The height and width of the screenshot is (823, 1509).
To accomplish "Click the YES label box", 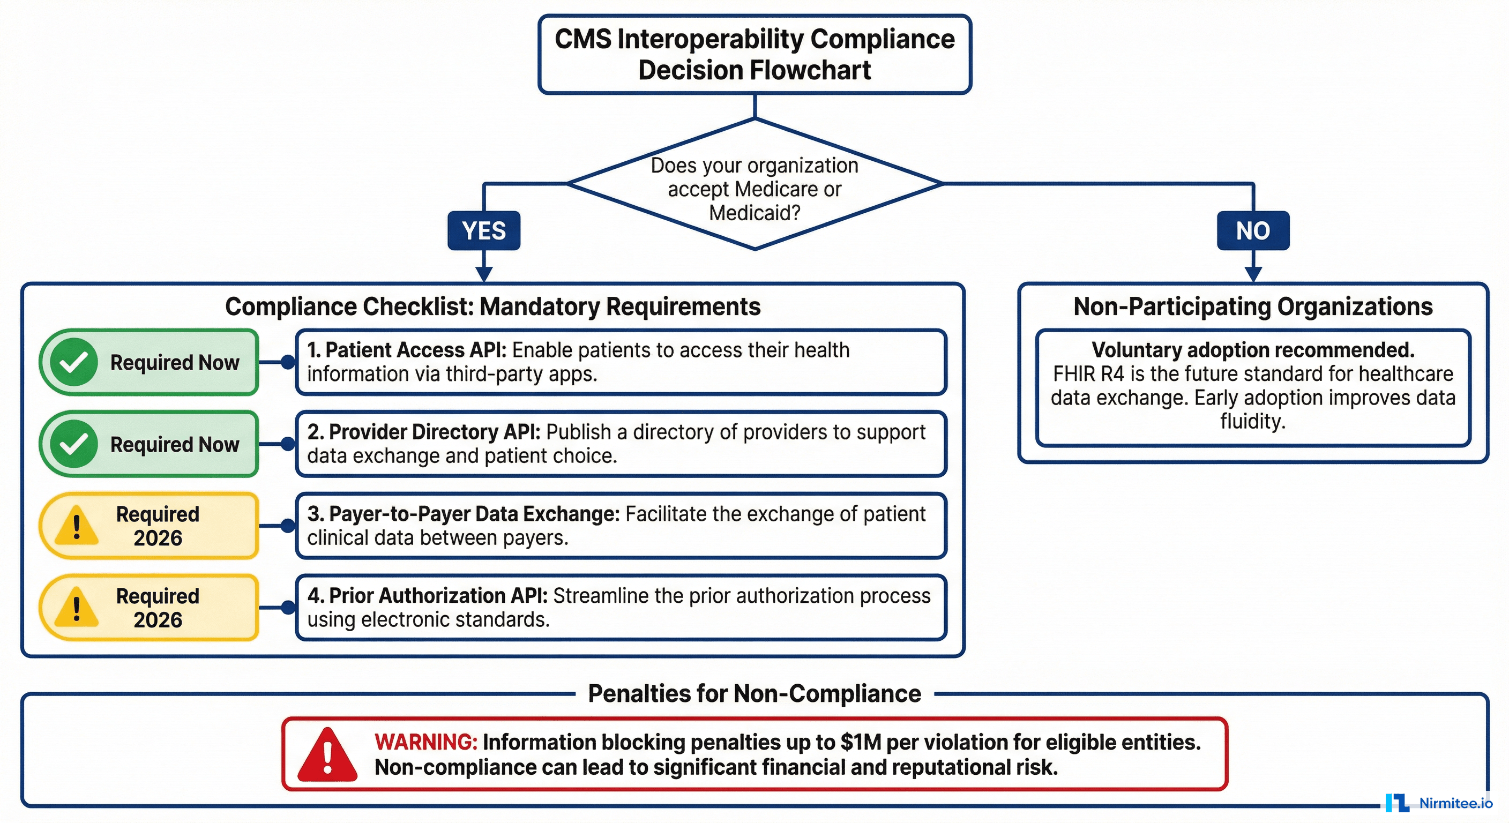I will [x=483, y=230].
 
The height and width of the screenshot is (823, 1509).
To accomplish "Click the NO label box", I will [x=1252, y=230].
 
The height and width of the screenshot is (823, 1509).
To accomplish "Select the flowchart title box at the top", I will [x=754, y=54].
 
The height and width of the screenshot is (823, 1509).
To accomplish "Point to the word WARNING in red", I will [x=426, y=742].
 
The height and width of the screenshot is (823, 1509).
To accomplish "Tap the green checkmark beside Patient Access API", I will [x=73, y=362].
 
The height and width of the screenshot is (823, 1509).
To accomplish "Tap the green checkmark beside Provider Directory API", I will [x=73, y=444].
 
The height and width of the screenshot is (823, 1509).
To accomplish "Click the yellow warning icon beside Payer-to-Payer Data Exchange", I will [x=76, y=526].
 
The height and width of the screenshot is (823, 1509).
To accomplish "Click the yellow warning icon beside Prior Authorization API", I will [x=76, y=608].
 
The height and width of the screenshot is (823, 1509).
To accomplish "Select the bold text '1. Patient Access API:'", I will [x=407, y=350].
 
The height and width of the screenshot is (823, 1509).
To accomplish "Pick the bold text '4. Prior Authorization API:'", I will [x=427, y=595].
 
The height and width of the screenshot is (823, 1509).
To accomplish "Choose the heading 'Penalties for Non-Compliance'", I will [x=754, y=693].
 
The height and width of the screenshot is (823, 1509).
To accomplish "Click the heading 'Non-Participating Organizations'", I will [x=1252, y=306].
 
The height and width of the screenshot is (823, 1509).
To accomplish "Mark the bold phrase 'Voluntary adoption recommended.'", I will [x=1252, y=350].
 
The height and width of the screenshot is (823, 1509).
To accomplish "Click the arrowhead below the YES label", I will [x=484, y=274].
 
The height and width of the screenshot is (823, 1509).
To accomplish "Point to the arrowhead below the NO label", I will [x=1252, y=274].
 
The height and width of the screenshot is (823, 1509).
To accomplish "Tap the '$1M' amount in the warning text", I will [x=861, y=742].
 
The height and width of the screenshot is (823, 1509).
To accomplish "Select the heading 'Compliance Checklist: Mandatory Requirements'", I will [x=492, y=306].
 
